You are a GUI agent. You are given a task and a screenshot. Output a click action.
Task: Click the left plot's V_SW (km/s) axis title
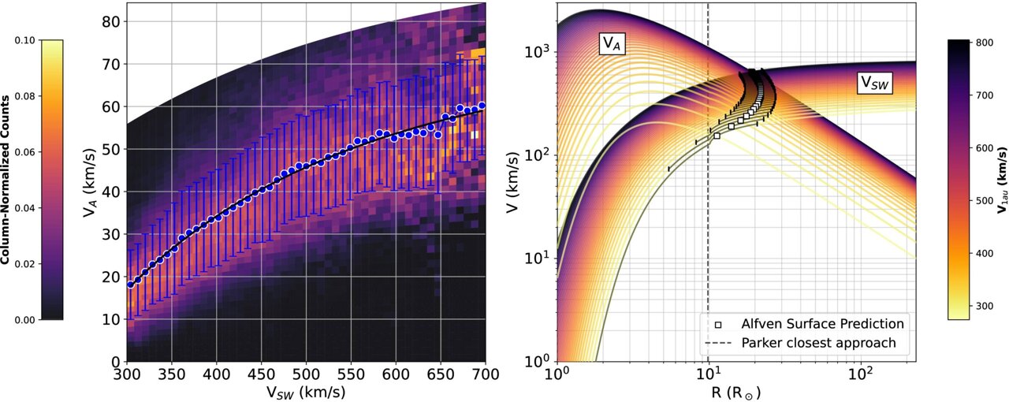(x=307, y=391)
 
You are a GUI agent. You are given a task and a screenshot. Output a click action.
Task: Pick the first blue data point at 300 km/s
(x=131, y=285)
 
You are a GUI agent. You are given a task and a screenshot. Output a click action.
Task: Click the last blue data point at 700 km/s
(x=482, y=106)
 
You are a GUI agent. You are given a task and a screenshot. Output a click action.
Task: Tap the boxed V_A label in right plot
(x=609, y=45)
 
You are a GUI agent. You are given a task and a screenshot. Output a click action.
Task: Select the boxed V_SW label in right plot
(x=874, y=84)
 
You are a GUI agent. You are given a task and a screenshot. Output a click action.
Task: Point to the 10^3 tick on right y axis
(x=539, y=52)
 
